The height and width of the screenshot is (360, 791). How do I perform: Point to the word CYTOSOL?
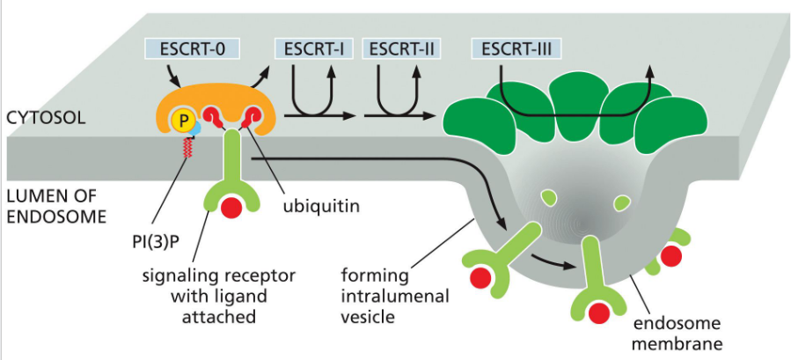click(x=46, y=116)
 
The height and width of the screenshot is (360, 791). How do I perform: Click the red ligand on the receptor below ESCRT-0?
click(x=231, y=209)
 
